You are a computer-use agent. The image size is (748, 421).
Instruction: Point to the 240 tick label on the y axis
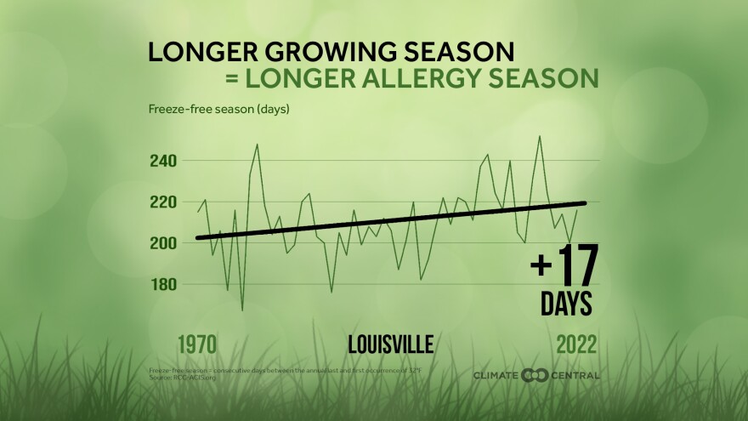(x=164, y=161)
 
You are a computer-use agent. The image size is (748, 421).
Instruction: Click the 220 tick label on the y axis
(x=164, y=202)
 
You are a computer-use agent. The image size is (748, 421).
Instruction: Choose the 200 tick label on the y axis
(x=164, y=243)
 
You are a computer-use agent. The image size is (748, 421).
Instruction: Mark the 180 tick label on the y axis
(x=164, y=284)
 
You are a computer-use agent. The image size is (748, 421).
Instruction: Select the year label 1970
(x=196, y=344)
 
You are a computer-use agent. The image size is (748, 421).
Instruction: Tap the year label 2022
(x=577, y=344)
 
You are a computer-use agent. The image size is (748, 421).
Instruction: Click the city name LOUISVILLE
(x=391, y=344)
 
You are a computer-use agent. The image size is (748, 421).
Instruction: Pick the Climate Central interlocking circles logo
(x=535, y=375)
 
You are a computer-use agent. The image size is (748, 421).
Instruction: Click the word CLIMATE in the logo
(x=497, y=375)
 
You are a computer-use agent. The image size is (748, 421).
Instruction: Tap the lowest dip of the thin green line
(x=242, y=310)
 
